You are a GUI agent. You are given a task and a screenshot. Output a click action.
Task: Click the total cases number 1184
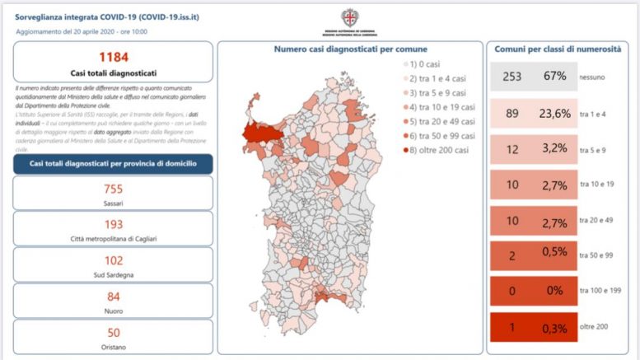pyautogui.click(x=113, y=58)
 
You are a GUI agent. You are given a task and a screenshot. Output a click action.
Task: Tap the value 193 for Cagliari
pyautogui.click(x=113, y=224)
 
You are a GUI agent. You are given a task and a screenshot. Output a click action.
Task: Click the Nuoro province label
pyautogui.click(x=113, y=312)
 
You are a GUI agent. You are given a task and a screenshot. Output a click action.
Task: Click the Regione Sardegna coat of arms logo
pyautogui.click(x=350, y=16)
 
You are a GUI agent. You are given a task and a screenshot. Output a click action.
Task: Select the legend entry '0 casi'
pyautogui.click(x=426, y=63)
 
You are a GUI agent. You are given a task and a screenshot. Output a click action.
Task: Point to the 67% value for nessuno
pyautogui.click(x=554, y=76)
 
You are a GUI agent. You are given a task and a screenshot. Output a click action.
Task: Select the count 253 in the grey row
pyautogui.click(x=512, y=76)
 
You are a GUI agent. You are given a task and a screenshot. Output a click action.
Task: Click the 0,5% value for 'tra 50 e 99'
pyautogui.click(x=555, y=255)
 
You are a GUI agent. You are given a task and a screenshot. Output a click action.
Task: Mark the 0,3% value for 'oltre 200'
pyautogui.click(x=555, y=327)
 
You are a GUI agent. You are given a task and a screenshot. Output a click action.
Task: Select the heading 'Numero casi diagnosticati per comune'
pyautogui.click(x=350, y=49)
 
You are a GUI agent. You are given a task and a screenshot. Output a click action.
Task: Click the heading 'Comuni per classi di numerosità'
pyautogui.click(x=557, y=49)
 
